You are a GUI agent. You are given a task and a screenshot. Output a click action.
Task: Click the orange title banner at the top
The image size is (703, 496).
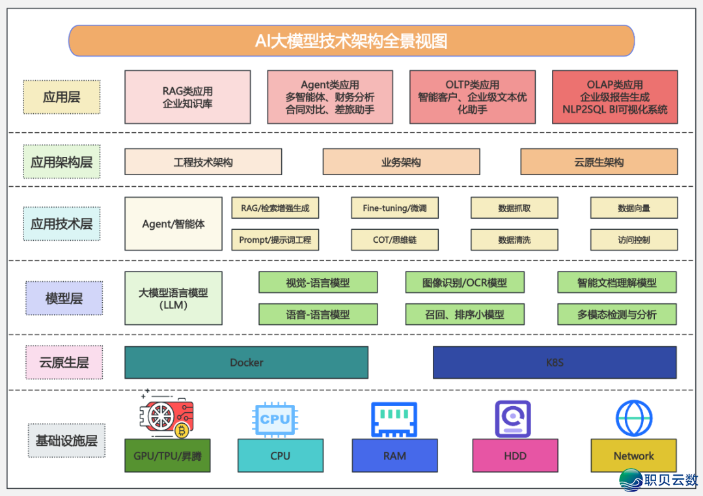pos(351,41)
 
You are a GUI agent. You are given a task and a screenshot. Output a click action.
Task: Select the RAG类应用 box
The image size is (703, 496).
pos(187,97)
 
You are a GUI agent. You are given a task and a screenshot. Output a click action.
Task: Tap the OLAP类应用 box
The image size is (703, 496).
pos(614,97)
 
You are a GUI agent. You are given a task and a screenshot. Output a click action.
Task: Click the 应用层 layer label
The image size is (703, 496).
pos(62,97)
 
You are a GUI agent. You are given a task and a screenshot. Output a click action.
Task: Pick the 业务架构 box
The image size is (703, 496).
pos(401,162)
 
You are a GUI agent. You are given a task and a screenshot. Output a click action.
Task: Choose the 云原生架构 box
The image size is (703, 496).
pos(599,162)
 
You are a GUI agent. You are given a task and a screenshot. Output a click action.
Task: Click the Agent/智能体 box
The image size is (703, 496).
pos(173,224)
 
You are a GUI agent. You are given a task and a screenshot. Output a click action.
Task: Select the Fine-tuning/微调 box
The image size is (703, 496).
pos(394,208)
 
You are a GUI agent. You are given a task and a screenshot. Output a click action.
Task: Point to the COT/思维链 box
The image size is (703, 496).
pos(394,240)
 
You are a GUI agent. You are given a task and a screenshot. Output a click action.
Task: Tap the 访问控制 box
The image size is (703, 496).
pos(634,240)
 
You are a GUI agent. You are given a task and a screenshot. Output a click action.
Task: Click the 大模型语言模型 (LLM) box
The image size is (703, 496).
pos(173,298)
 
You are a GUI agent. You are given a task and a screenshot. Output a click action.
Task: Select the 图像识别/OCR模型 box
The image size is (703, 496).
pos(465,282)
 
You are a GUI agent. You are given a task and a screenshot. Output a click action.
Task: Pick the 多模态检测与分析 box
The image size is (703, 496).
pos(616,314)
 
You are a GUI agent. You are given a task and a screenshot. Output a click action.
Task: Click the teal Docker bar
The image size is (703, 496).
pos(246,363)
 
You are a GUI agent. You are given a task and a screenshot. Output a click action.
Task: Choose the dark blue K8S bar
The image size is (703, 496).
pos(555,363)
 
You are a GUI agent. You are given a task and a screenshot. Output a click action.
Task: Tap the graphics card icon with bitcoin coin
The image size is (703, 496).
pos(165,417)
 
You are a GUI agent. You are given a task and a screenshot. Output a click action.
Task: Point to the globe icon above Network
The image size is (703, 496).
pos(633,418)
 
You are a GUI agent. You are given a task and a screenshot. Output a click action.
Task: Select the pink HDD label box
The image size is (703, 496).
pos(515,456)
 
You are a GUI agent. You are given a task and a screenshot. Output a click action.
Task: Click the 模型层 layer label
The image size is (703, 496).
pos(64,298)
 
